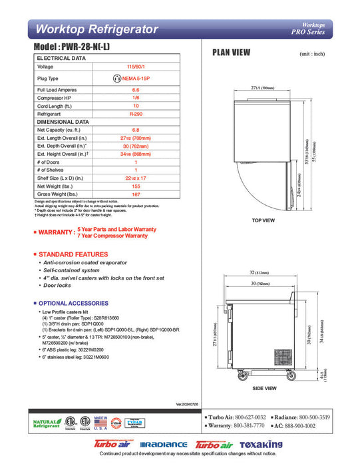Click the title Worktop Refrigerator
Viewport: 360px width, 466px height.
[96, 29]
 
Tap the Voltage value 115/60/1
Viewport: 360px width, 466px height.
[135, 67]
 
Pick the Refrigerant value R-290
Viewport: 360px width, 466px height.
[135, 115]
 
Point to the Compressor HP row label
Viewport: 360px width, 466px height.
[55, 97]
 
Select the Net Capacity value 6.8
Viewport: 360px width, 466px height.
[135, 130]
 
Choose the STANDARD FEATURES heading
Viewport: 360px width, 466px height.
[73, 255]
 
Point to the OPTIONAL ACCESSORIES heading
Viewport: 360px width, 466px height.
[73, 304]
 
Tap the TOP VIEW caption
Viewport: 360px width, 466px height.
[265, 220]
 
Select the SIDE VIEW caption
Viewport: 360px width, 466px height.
[265, 388]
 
